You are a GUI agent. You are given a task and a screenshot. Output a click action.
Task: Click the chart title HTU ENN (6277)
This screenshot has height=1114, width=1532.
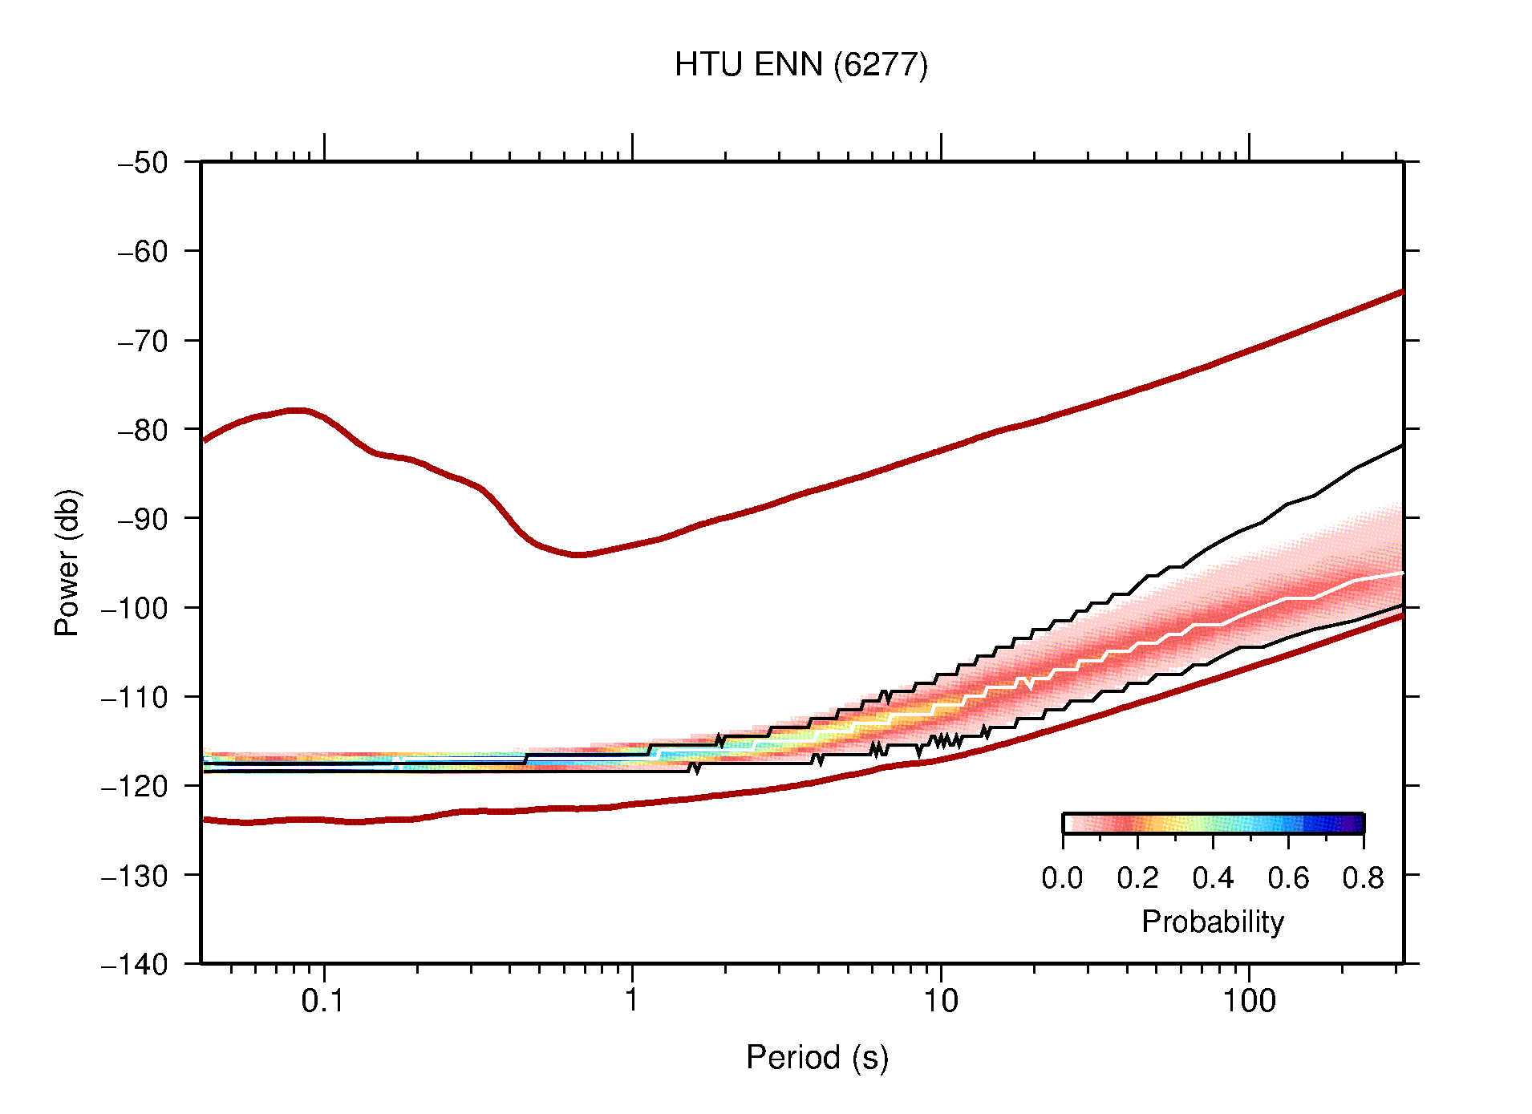800,65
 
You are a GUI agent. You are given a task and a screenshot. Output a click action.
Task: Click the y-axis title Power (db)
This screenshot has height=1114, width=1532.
67,562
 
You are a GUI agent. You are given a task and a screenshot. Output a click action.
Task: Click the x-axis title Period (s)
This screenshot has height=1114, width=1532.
817,1058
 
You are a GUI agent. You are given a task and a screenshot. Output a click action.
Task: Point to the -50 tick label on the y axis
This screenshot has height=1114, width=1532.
143,163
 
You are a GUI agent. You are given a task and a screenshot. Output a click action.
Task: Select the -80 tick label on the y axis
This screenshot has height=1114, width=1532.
143,430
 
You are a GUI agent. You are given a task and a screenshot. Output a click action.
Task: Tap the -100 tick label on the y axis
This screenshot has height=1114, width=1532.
135,608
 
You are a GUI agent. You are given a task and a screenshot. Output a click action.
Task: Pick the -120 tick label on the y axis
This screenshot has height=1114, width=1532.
135,786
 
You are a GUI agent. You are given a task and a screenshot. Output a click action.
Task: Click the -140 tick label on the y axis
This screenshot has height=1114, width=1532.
135,964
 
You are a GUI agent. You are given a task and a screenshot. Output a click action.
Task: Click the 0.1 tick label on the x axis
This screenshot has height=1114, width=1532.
323,1001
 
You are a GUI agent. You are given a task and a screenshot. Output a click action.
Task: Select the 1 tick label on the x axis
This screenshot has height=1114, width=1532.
632,1001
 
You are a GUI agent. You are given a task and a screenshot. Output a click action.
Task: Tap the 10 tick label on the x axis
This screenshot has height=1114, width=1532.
940,1001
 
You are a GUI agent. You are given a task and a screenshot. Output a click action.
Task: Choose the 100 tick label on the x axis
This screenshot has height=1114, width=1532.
1249,1001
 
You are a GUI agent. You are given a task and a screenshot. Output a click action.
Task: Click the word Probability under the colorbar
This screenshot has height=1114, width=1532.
1212,922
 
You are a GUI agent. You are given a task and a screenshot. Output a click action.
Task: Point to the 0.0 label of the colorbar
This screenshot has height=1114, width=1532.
1062,879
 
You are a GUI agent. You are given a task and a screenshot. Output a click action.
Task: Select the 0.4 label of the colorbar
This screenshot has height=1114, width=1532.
1213,879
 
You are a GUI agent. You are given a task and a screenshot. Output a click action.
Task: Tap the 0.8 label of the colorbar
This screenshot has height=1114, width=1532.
1363,879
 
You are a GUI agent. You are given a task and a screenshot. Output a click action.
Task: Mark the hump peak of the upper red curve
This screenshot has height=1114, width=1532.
297,410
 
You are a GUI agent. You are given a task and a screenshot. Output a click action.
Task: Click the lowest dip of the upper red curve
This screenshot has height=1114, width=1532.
579,554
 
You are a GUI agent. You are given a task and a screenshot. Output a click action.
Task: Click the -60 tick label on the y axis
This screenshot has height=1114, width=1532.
143,252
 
